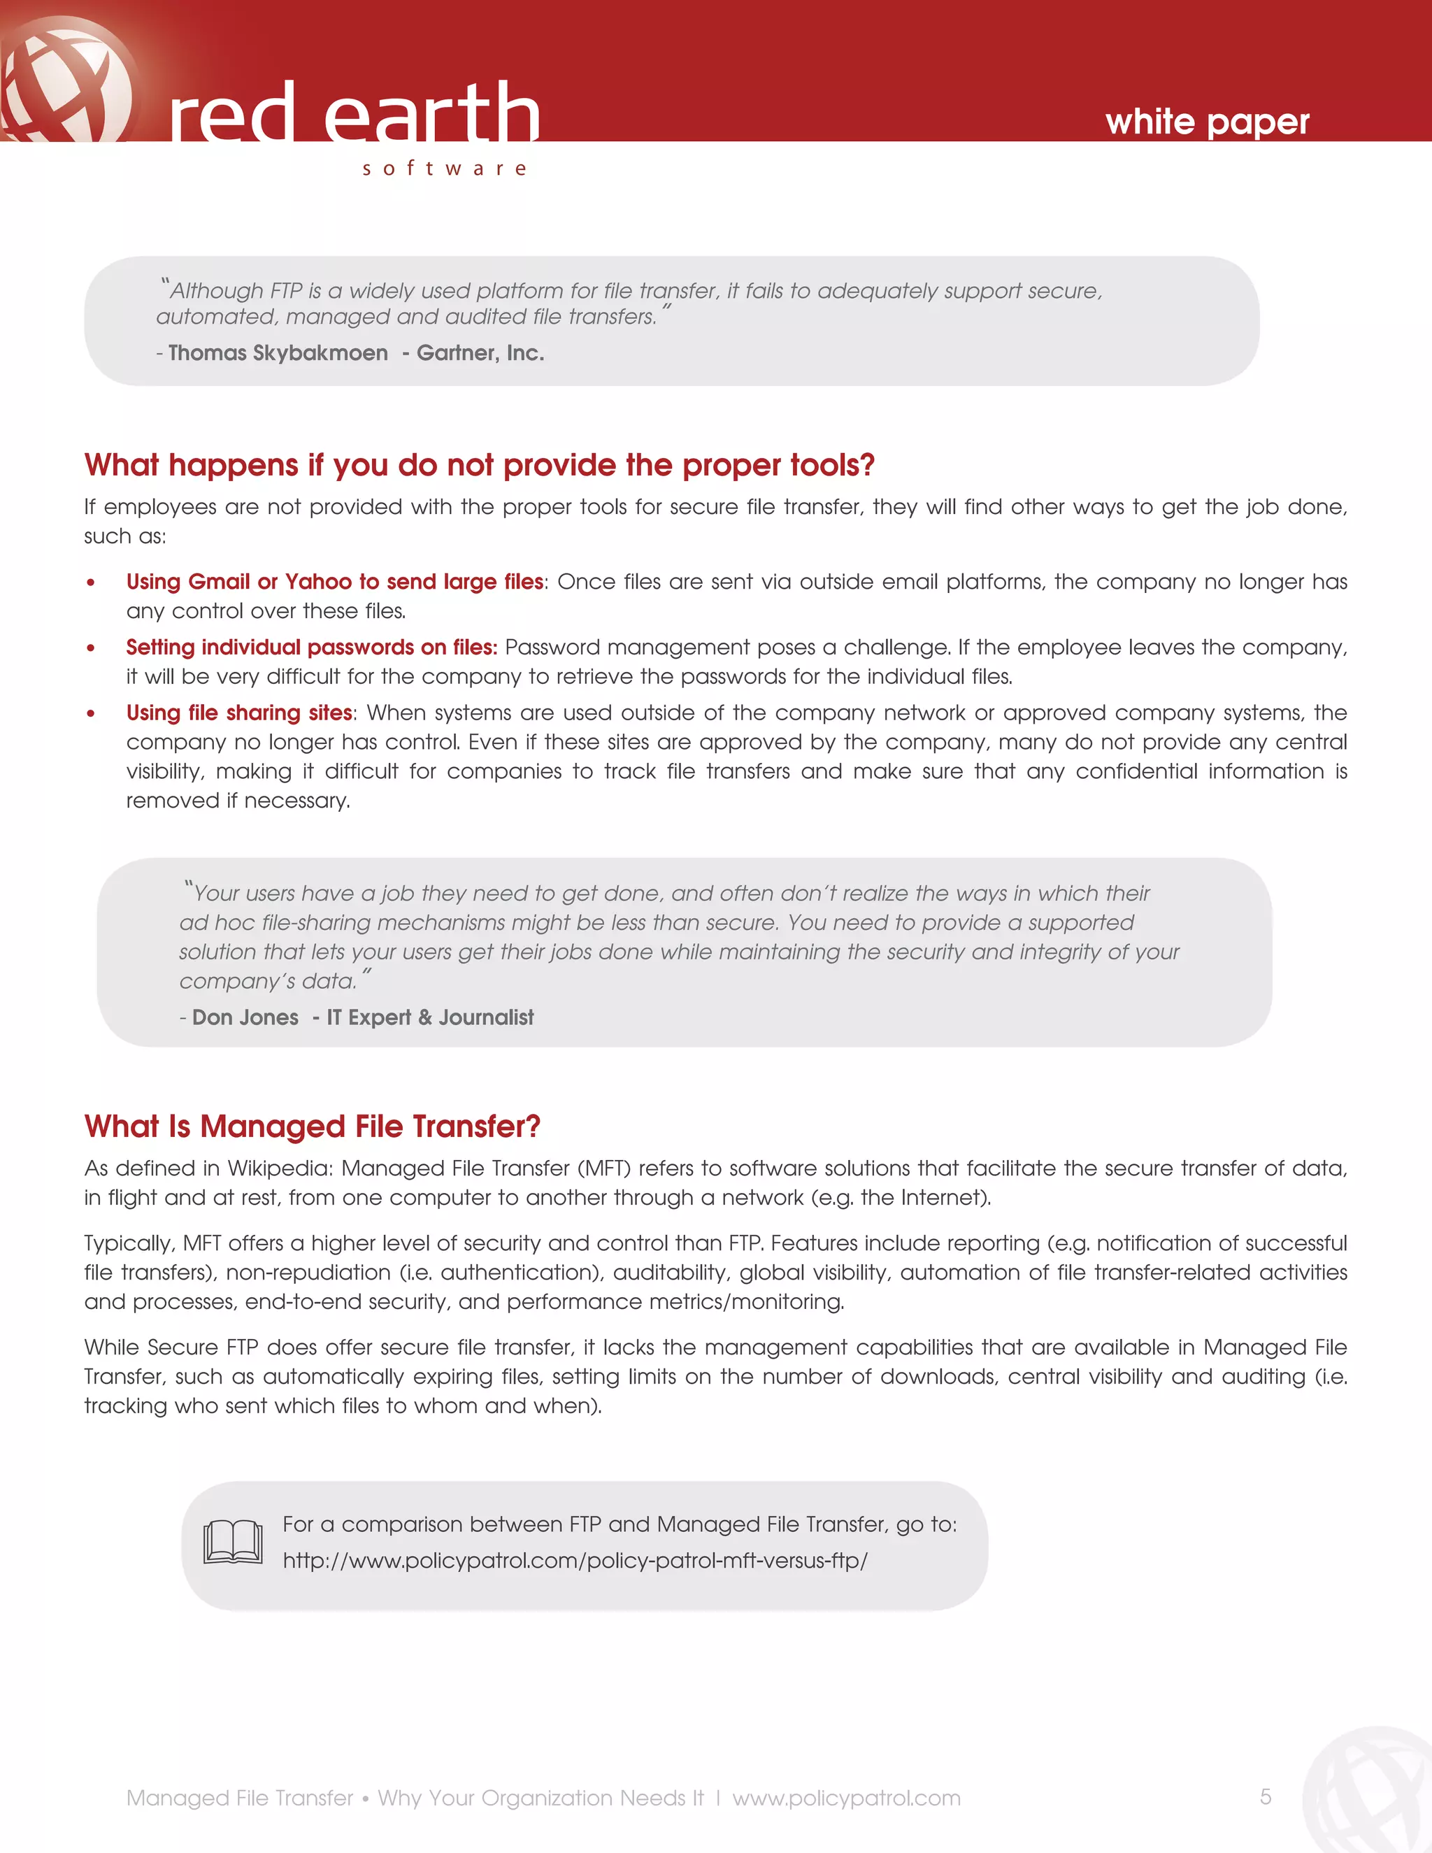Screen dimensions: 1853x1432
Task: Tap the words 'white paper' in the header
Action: [x=1206, y=122]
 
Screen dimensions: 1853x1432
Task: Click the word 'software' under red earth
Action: [x=444, y=168]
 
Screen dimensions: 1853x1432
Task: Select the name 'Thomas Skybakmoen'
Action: [x=278, y=353]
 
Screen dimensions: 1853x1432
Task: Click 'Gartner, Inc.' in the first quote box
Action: [x=480, y=353]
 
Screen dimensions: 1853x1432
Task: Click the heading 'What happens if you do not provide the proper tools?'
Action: [x=479, y=465]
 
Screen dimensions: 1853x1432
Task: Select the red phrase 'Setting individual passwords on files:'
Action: [x=311, y=648]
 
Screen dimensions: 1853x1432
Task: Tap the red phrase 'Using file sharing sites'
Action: [x=239, y=713]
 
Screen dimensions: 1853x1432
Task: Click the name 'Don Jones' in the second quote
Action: [x=245, y=1017]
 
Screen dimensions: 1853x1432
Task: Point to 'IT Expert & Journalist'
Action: [x=430, y=1017]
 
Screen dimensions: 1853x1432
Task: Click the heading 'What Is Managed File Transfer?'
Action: [x=312, y=1126]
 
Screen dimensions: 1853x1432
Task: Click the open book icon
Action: [x=232, y=1543]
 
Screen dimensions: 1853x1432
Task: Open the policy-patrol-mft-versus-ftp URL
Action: [x=574, y=1561]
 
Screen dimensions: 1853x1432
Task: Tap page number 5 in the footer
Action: [x=1265, y=1797]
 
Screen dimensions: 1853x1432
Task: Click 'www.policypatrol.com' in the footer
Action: [x=846, y=1798]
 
